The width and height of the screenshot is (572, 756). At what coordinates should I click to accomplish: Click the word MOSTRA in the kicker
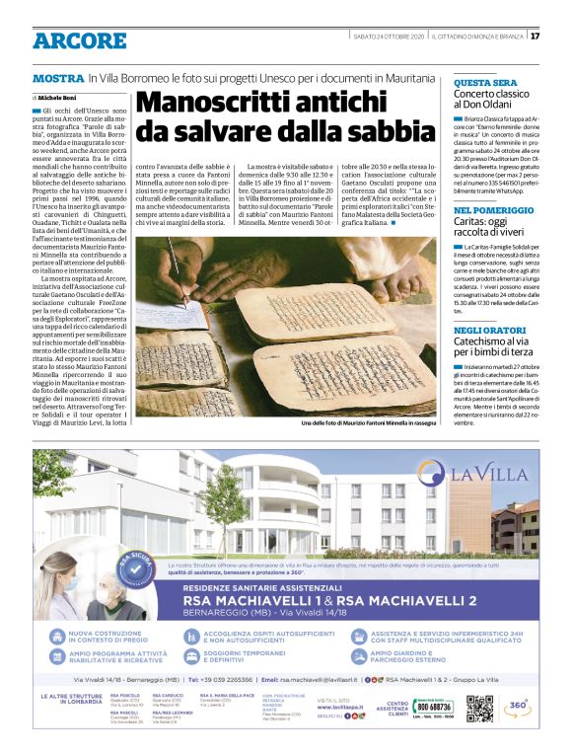click(57, 77)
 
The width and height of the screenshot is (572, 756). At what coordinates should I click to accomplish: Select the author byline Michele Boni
click(58, 99)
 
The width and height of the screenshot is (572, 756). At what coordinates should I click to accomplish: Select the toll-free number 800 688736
click(434, 707)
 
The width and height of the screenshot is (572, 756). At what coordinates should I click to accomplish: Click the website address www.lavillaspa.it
click(344, 707)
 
